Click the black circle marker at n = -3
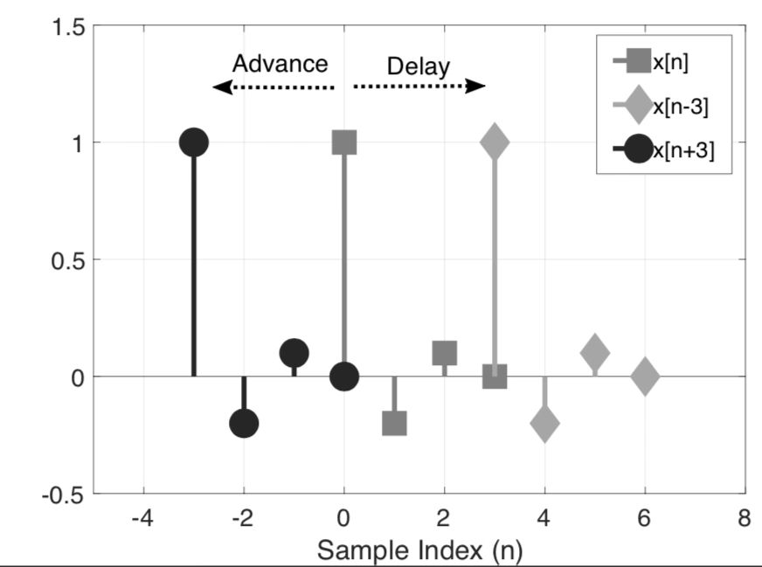coord(193,142)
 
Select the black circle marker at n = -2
coord(244,424)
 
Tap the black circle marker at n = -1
coord(294,353)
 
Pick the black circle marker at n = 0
coord(344,377)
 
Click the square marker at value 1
coord(344,142)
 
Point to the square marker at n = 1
coord(394,424)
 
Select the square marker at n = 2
coord(445,353)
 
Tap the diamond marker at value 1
coord(495,142)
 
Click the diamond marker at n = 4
coord(544,424)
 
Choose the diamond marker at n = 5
coord(595,353)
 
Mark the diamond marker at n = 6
coord(645,377)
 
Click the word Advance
coord(280,64)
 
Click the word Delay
coord(419,66)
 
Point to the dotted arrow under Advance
coord(274,87)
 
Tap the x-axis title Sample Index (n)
coord(419,550)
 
